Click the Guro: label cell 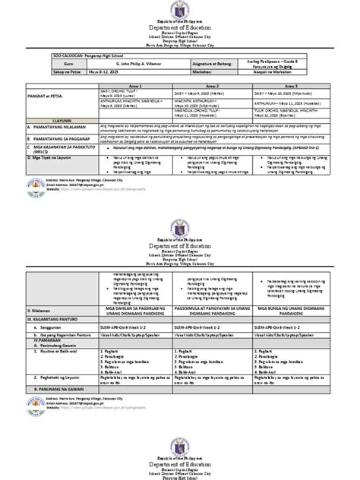pos(62,66)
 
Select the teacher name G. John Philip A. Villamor pos(136,66)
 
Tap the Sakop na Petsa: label pos(69,74)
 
